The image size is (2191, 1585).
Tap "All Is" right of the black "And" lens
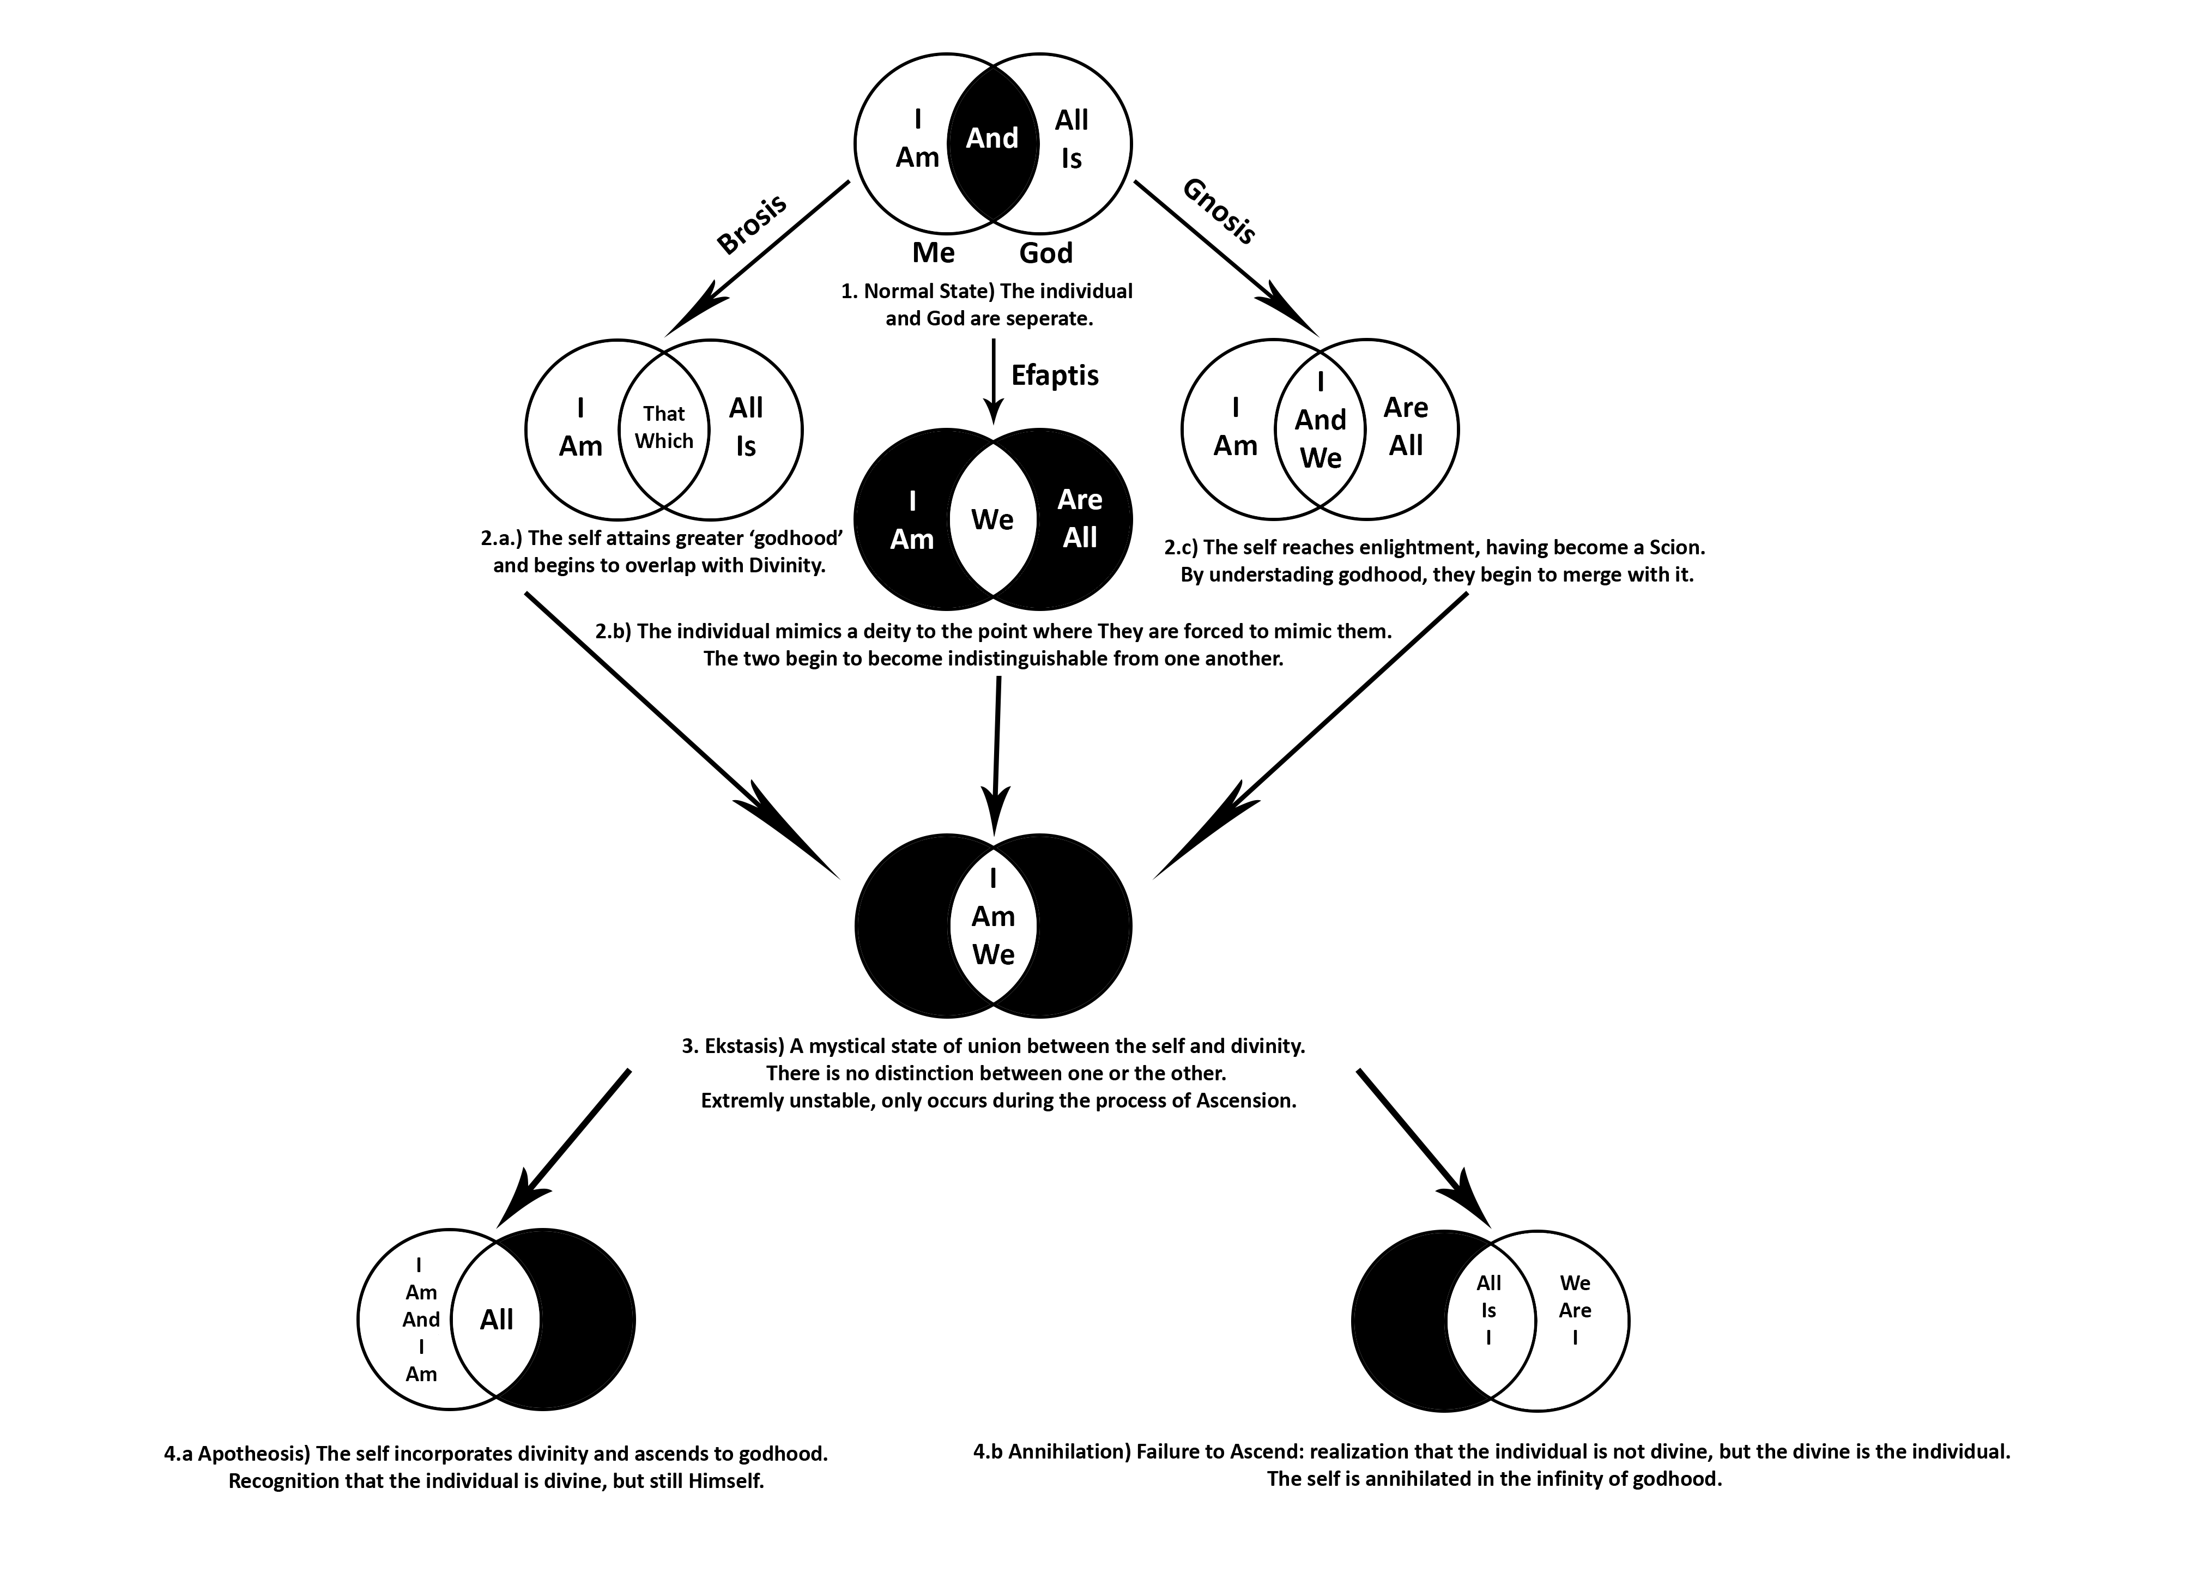(x=1072, y=139)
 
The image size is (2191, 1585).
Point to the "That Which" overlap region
(x=664, y=427)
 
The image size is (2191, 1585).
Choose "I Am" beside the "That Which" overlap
(x=579, y=427)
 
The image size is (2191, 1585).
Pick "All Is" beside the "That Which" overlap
(x=746, y=427)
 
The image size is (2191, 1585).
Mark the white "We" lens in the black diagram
(x=992, y=519)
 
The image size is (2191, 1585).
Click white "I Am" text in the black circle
(x=912, y=519)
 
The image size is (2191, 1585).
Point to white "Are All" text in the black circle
(x=1079, y=519)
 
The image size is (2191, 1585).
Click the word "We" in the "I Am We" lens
(x=993, y=954)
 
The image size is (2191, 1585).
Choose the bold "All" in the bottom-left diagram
(x=497, y=1320)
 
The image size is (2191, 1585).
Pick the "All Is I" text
(x=1488, y=1310)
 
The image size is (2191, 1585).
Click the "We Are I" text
(x=1575, y=1310)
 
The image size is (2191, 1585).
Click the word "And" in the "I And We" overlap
(x=1321, y=420)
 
